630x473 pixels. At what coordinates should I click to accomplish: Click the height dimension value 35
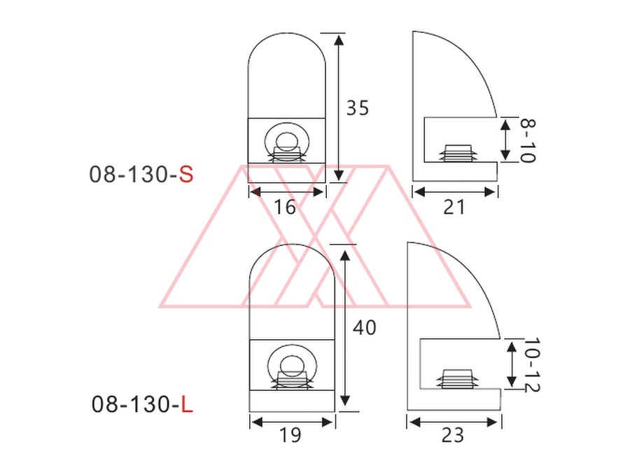[358, 108]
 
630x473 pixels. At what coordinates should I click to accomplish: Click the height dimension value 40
[365, 327]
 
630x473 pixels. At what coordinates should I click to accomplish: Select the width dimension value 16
[284, 207]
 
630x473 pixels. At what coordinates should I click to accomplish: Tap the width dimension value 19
[290, 434]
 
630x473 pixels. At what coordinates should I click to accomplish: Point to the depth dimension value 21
[454, 207]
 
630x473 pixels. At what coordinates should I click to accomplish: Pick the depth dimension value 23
[453, 434]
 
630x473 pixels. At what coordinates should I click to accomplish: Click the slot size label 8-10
[528, 140]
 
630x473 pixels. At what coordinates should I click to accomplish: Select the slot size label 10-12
[533, 365]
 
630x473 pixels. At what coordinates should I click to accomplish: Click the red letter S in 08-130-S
[186, 174]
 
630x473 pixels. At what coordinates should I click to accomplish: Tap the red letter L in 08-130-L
[187, 404]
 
